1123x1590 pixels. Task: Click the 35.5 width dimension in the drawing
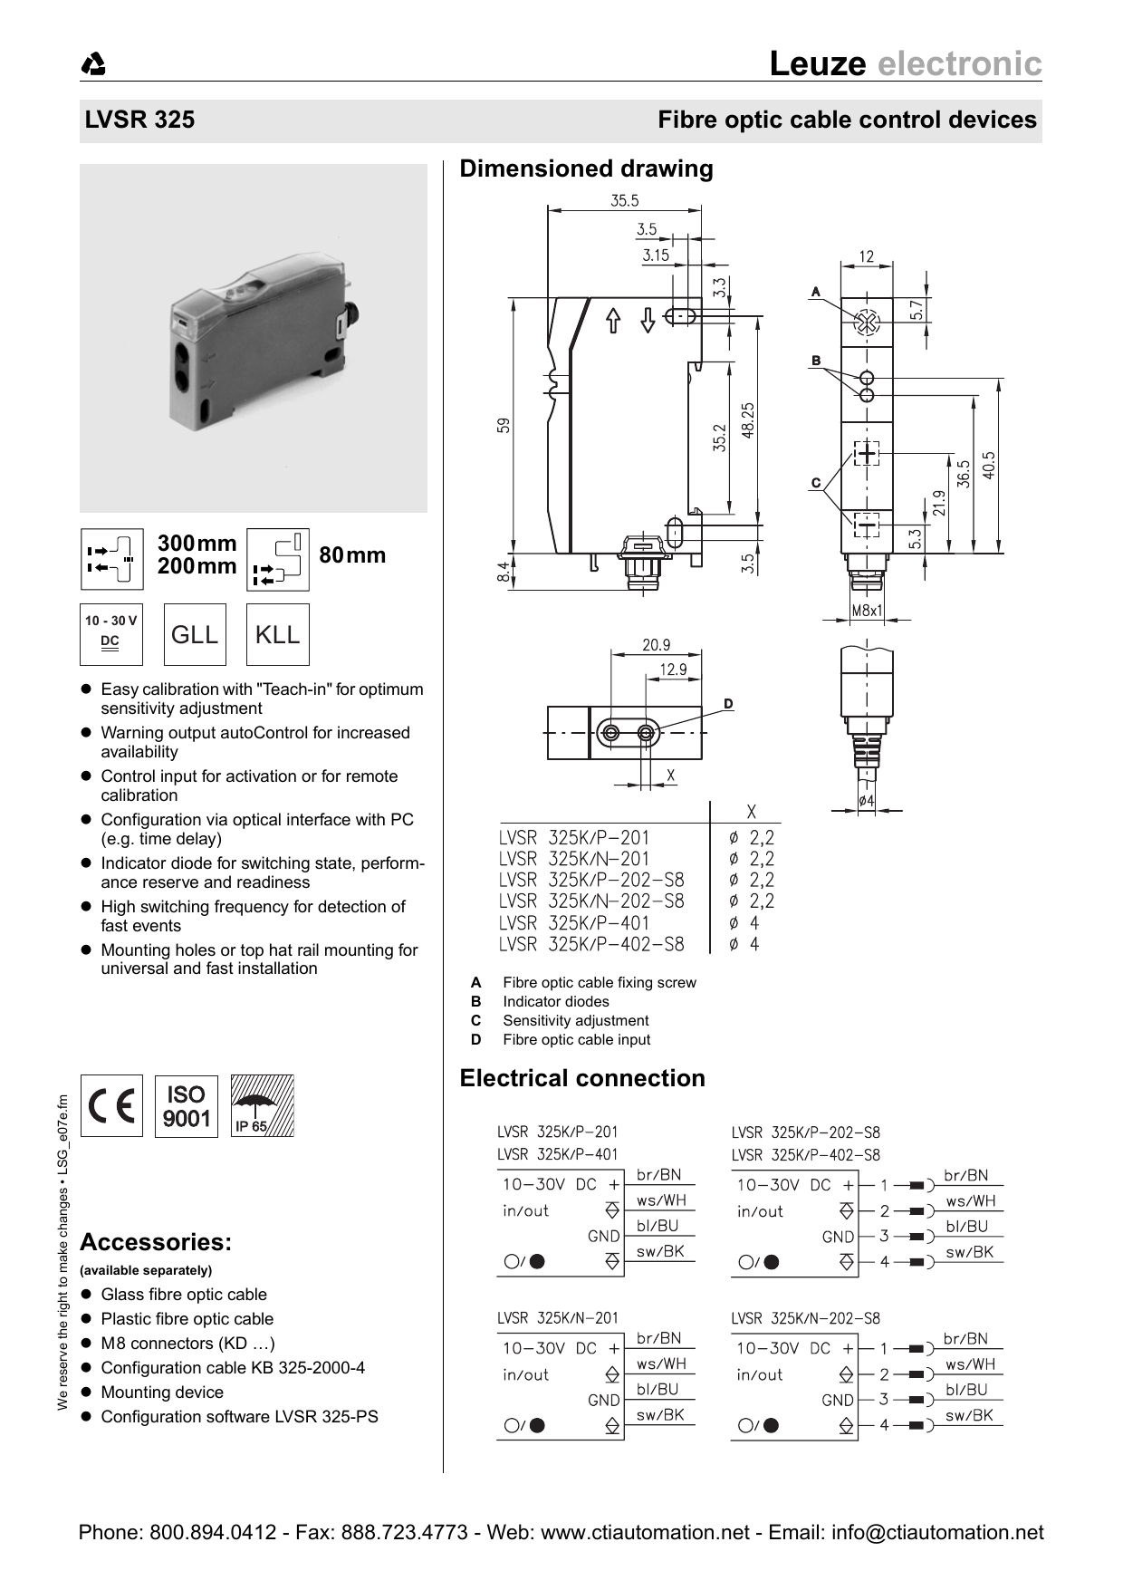pyautogui.click(x=624, y=201)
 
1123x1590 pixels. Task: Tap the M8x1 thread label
pyautogui.click(x=867, y=611)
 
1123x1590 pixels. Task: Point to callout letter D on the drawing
pyautogui.click(x=728, y=704)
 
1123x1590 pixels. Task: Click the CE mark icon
pyautogui.click(x=112, y=1106)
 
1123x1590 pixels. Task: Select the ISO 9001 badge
pyautogui.click(x=187, y=1106)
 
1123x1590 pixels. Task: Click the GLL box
pyautogui.click(x=195, y=634)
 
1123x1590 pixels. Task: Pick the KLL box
pyautogui.click(x=277, y=634)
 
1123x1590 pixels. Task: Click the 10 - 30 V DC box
pyautogui.click(x=111, y=634)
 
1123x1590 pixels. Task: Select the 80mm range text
pyautogui.click(x=352, y=555)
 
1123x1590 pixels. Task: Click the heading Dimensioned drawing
pyautogui.click(x=586, y=169)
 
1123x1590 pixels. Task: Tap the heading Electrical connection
pyautogui.click(x=581, y=1078)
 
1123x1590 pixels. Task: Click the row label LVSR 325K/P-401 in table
pyautogui.click(x=574, y=923)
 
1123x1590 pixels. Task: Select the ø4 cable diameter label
pyautogui.click(x=867, y=801)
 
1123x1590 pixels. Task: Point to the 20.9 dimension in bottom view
pyautogui.click(x=656, y=645)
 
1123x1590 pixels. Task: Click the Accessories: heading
pyautogui.click(x=156, y=1242)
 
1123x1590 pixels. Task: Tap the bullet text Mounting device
pyautogui.click(x=162, y=1392)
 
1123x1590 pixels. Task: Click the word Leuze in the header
pyautogui.click(x=817, y=63)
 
